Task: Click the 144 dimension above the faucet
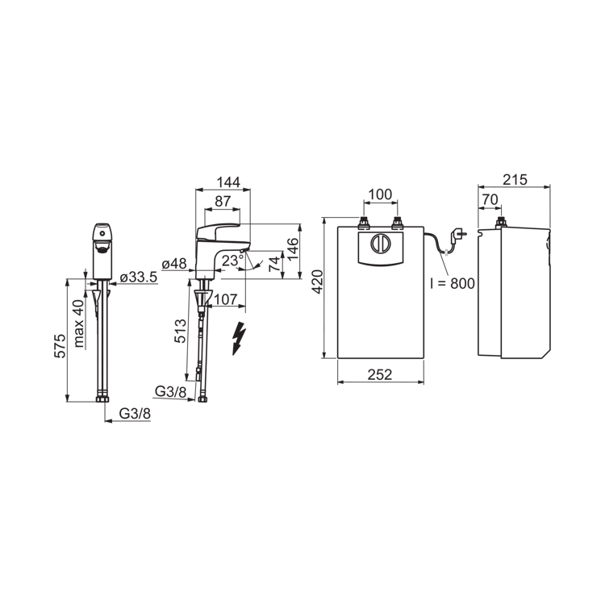pos(228,182)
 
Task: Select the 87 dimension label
pos(223,201)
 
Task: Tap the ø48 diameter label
pos(174,264)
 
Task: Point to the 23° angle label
pos(232,261)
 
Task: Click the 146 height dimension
pos(293,249)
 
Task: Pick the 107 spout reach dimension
pos(225,299)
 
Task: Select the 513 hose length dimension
pos(180,332)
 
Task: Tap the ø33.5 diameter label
pos(139,278)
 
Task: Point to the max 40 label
pos(78,324)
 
